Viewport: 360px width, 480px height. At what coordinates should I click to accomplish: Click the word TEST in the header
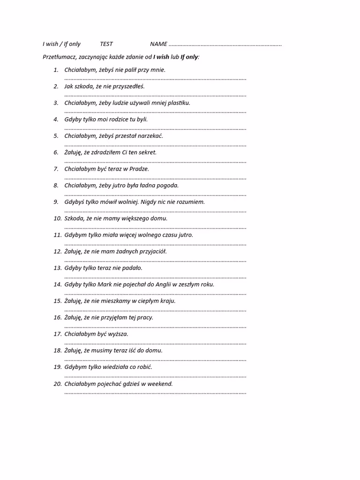pos(106,44)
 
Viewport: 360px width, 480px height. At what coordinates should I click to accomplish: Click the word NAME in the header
pos(158,44)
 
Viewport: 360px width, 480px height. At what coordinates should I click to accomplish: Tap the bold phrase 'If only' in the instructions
pos(189,57)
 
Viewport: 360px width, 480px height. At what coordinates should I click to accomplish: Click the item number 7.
pos(56,169)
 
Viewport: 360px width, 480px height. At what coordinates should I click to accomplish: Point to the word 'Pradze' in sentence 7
pos(139,169)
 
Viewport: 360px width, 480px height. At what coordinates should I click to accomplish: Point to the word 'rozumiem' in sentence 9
pos(191,202)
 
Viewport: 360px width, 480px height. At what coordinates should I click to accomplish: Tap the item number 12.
pos(57,251)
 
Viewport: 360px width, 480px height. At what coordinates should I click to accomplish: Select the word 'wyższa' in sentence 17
pos(118,334)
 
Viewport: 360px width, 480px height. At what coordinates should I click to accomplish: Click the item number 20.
pos(57,383)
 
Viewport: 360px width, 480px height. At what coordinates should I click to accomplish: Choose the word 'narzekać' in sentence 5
pos(151,136)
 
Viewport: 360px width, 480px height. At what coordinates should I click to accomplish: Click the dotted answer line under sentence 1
pos(155,79)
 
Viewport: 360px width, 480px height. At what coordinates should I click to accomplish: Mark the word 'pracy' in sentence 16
pos(145,317)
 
